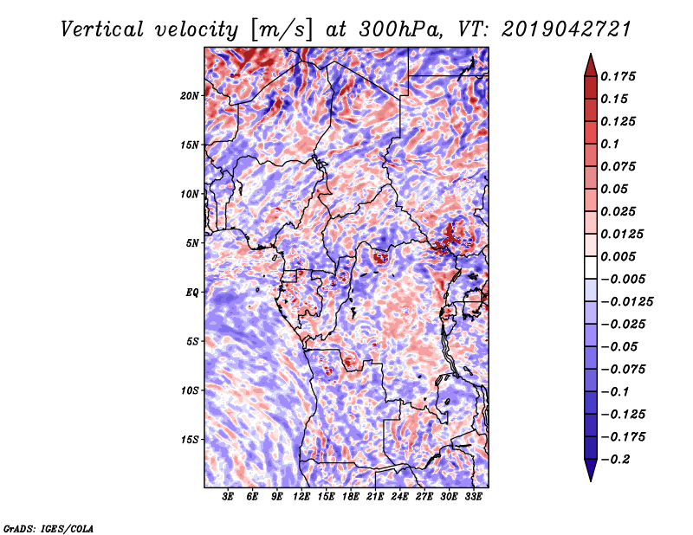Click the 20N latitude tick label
click(189, 96)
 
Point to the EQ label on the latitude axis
click(192, 293)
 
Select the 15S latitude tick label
click(190, 440)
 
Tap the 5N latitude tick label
click(192, 243)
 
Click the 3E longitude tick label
click(228, 497)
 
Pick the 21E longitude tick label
click(375, 497)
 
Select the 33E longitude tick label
click(473, 497)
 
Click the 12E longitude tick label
click(301, 497)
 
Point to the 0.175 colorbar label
click(618, 76)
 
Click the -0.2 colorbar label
click(615, 460)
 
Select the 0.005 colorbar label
click(618, 256)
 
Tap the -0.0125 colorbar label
click(626, 302)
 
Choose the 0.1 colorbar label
click(610, 144)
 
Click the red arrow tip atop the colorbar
click(591, 54)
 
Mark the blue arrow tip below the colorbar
click(591, 480)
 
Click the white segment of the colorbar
click(591, 267)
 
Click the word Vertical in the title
click(102, 29)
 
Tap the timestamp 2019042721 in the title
click(567, 29)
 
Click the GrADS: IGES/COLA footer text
click(49, 528)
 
